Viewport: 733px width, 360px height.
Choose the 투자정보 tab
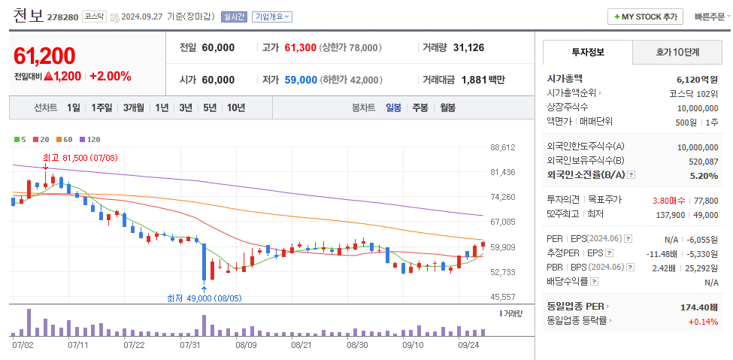[x=587, y=53]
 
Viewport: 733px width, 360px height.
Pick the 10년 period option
[x=235, y=107]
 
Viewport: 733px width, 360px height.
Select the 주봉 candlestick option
[x=420, y=107]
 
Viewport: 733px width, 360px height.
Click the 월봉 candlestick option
[x=447, y=107]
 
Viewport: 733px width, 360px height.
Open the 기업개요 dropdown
[x=272, y=17]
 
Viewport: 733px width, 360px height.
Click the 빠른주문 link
[x=708, y=17]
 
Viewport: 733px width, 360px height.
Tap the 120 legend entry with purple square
[x=90, y=139]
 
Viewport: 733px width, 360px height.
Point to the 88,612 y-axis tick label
[x=502, y=148]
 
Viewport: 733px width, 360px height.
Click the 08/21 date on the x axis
[x=301, y=345]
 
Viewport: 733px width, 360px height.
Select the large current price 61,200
[x=44, y=56]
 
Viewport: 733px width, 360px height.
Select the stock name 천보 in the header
[x=29, y=15]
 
